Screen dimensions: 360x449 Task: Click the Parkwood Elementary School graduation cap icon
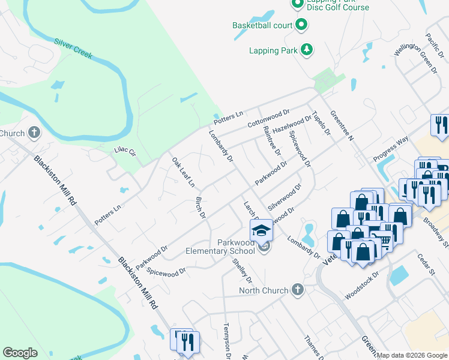[x=261, y=230]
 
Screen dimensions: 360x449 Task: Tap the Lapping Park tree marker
[x=307, y=50]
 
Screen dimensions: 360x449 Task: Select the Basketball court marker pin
[x=301, y=25]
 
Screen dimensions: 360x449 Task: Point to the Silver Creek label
[x=73, y=48]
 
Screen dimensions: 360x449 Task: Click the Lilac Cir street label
[x=125, y=152]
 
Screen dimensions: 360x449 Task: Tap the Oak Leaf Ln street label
[x=183, y=172]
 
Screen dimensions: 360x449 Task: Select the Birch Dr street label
[x=201, y=206]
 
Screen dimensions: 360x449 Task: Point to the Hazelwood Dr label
[x=292, y=125]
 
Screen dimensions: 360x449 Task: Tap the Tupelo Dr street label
[x=321, y=124]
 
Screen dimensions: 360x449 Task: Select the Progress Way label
[x=390, y=148]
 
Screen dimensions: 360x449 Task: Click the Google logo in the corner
[x=20, y=353]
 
